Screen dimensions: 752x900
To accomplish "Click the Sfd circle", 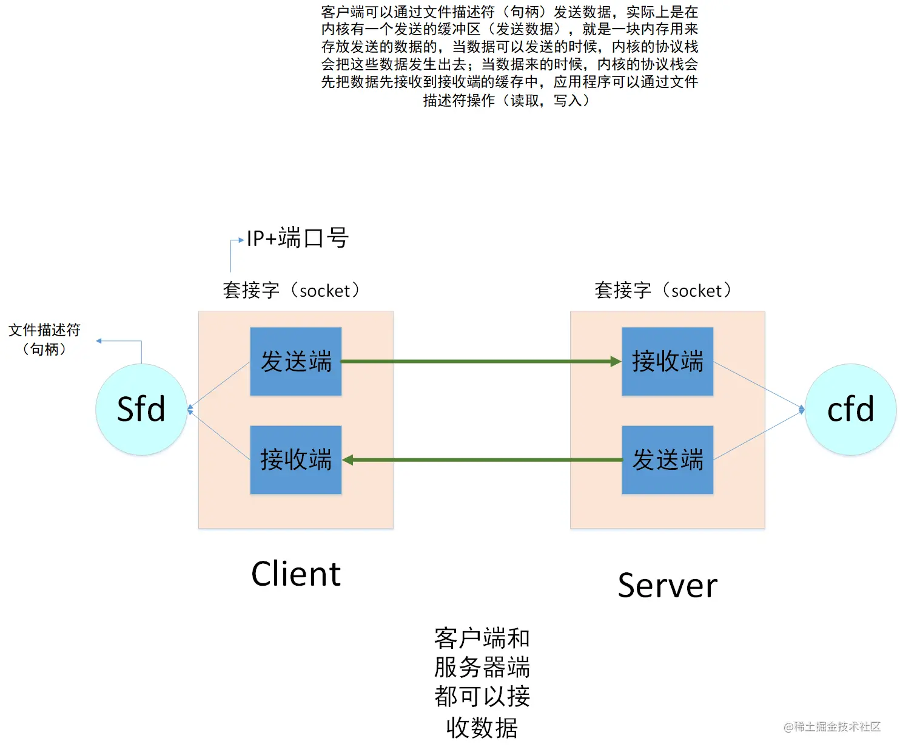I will coord(141,409).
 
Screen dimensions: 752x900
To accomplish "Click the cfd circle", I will coord(850,409).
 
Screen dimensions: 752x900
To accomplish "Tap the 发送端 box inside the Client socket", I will coord(296,361).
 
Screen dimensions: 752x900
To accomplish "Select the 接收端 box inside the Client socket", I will coord(296,459).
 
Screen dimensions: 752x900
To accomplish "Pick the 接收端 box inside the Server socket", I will coord(667,361).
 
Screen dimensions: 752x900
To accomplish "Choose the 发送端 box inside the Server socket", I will coord(667,459).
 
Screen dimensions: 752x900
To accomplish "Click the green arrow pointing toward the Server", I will coord(479,361).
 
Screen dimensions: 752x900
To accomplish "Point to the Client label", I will coord(296,574).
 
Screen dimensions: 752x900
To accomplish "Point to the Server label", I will coord(667,585).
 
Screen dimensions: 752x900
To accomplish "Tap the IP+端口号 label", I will coord(297,238).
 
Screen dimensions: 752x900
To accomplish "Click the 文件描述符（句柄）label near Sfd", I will coord(44,339).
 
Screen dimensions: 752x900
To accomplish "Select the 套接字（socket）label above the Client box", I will coord(292,290).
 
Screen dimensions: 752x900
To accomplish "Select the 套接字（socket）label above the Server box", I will coord(663,290).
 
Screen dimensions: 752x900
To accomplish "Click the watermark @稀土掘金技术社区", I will coord(831,727).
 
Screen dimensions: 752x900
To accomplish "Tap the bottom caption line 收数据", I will coord(482,727).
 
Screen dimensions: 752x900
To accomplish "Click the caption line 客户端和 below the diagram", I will coord(482,638).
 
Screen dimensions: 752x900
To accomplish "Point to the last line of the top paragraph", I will coord(506,100).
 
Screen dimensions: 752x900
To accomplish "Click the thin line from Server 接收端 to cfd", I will coord(758,385).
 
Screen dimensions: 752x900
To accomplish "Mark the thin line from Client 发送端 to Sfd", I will coord(220,384).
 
